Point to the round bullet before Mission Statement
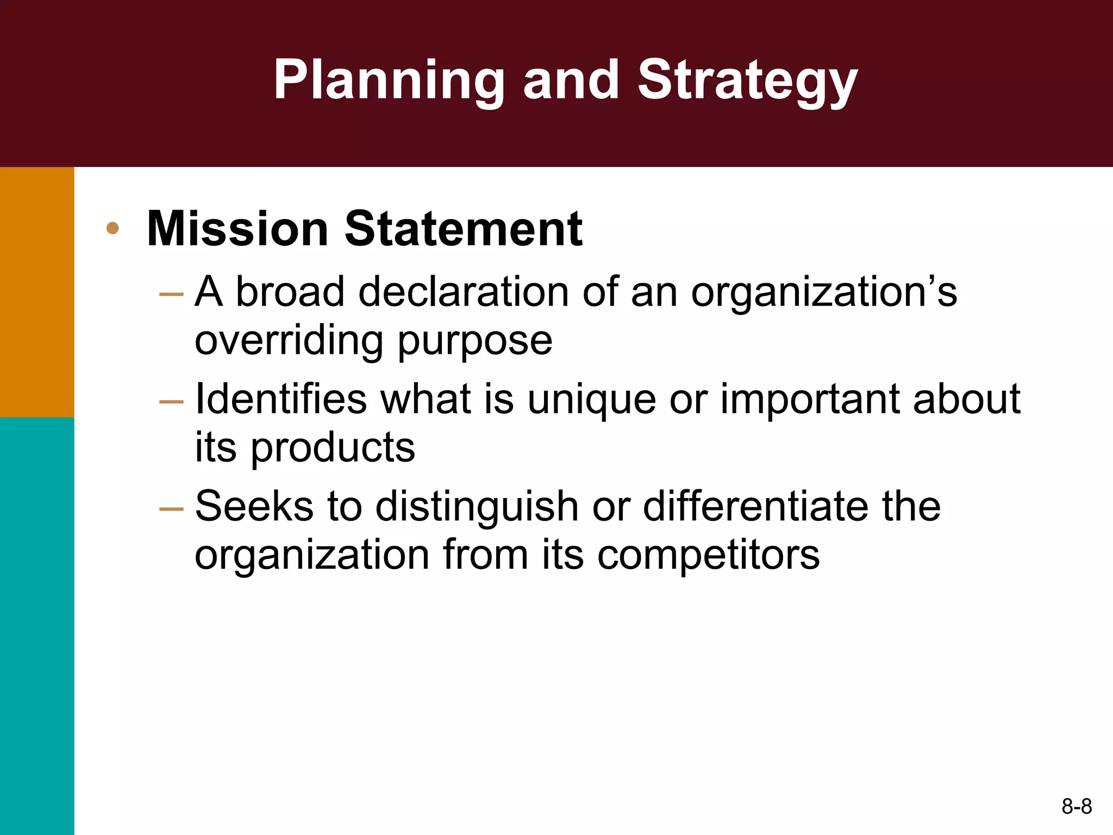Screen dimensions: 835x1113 pos(112,228)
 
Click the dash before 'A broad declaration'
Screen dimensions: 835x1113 pos(171,294)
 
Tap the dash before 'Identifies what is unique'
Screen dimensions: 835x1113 pos(171,402)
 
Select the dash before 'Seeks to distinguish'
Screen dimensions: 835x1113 pos(171,509)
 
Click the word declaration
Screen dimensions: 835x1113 pos(464,292)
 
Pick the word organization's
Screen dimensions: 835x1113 pos(823,292)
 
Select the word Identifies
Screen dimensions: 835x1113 pos(280,399)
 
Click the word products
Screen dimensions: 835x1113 pos(333,448)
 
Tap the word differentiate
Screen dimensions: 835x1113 pos(756,506)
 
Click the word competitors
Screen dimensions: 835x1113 pos(708,555)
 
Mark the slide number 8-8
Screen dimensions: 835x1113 pos(1076,806)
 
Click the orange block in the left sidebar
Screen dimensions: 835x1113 pos(37,292)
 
